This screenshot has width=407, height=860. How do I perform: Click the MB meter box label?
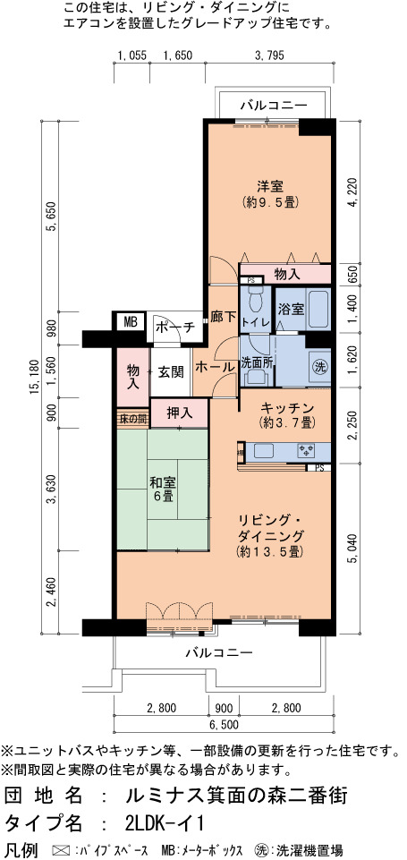coord(130,322)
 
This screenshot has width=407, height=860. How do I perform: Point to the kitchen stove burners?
coord(306,451)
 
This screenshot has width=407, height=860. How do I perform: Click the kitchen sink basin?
coord(266,451)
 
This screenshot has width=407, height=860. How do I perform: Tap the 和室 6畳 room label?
coord(163,490)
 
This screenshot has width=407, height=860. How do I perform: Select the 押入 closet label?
coord(180,413)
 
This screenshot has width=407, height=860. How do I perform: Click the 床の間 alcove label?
coord(132,419)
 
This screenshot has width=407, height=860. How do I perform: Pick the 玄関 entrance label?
coord(171,372)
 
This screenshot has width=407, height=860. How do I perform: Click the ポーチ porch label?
coord(175,328)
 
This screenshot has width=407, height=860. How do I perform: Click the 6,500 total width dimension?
coord(224,725)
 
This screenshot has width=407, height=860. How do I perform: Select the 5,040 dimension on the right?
coord(352,547)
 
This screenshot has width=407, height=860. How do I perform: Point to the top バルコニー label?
coord(275,106)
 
